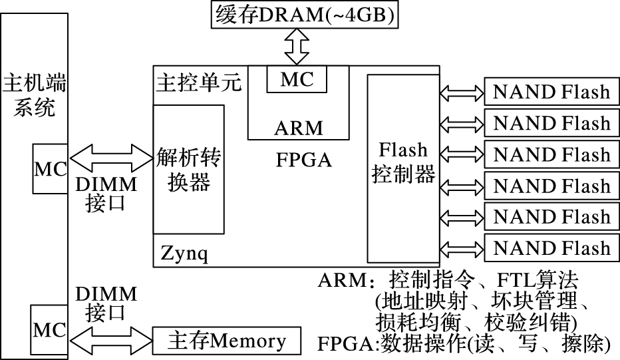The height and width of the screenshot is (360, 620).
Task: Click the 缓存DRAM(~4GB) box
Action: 305,14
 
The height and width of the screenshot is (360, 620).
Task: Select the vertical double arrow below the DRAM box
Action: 297,45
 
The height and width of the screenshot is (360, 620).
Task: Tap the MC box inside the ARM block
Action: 297,80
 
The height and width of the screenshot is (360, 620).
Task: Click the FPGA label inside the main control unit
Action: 303,160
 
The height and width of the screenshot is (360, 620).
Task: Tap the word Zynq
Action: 183,253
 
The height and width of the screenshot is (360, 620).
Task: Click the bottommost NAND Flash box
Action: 551,249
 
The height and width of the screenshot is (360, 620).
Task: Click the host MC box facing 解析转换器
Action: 51,168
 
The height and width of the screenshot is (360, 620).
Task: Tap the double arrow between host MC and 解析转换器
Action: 111,159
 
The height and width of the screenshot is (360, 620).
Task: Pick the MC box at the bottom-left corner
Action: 51,329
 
